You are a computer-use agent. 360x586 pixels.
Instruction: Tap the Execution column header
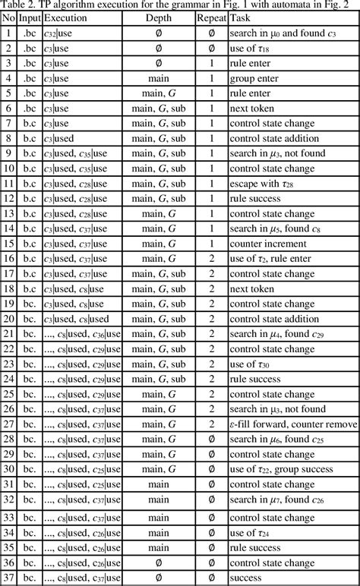click(x=65, y=15)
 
